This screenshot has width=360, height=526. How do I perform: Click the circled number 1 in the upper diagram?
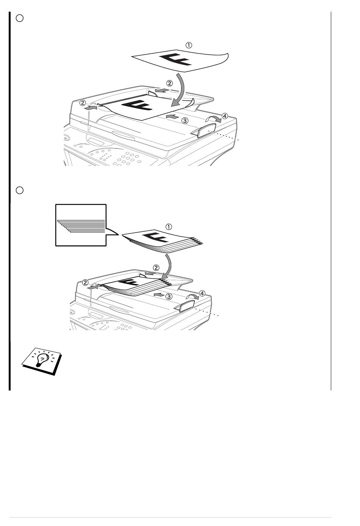(189, 45)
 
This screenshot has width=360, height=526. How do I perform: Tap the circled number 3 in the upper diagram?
(185, 121)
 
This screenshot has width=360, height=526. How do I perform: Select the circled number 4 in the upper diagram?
(225, 116)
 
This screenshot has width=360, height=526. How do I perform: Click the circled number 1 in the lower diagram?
(169, 227)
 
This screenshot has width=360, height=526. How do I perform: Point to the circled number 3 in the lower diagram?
(169, 297)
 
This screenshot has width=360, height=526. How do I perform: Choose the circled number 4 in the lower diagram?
(202, 293)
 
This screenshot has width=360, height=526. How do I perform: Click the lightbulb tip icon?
(42, 361)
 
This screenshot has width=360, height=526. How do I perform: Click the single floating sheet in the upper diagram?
(180, 60)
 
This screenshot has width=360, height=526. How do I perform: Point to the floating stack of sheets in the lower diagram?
(162, 241)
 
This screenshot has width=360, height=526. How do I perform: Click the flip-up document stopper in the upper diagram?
(204, 130)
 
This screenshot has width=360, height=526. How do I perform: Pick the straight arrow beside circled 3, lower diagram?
(158, 294)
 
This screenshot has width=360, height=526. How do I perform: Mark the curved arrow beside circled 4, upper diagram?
(213, 119)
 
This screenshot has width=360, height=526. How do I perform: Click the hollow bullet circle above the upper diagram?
(20, 18)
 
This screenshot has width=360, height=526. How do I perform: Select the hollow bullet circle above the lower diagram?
(20, 190)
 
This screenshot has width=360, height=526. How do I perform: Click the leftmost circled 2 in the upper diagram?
(83, 103)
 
